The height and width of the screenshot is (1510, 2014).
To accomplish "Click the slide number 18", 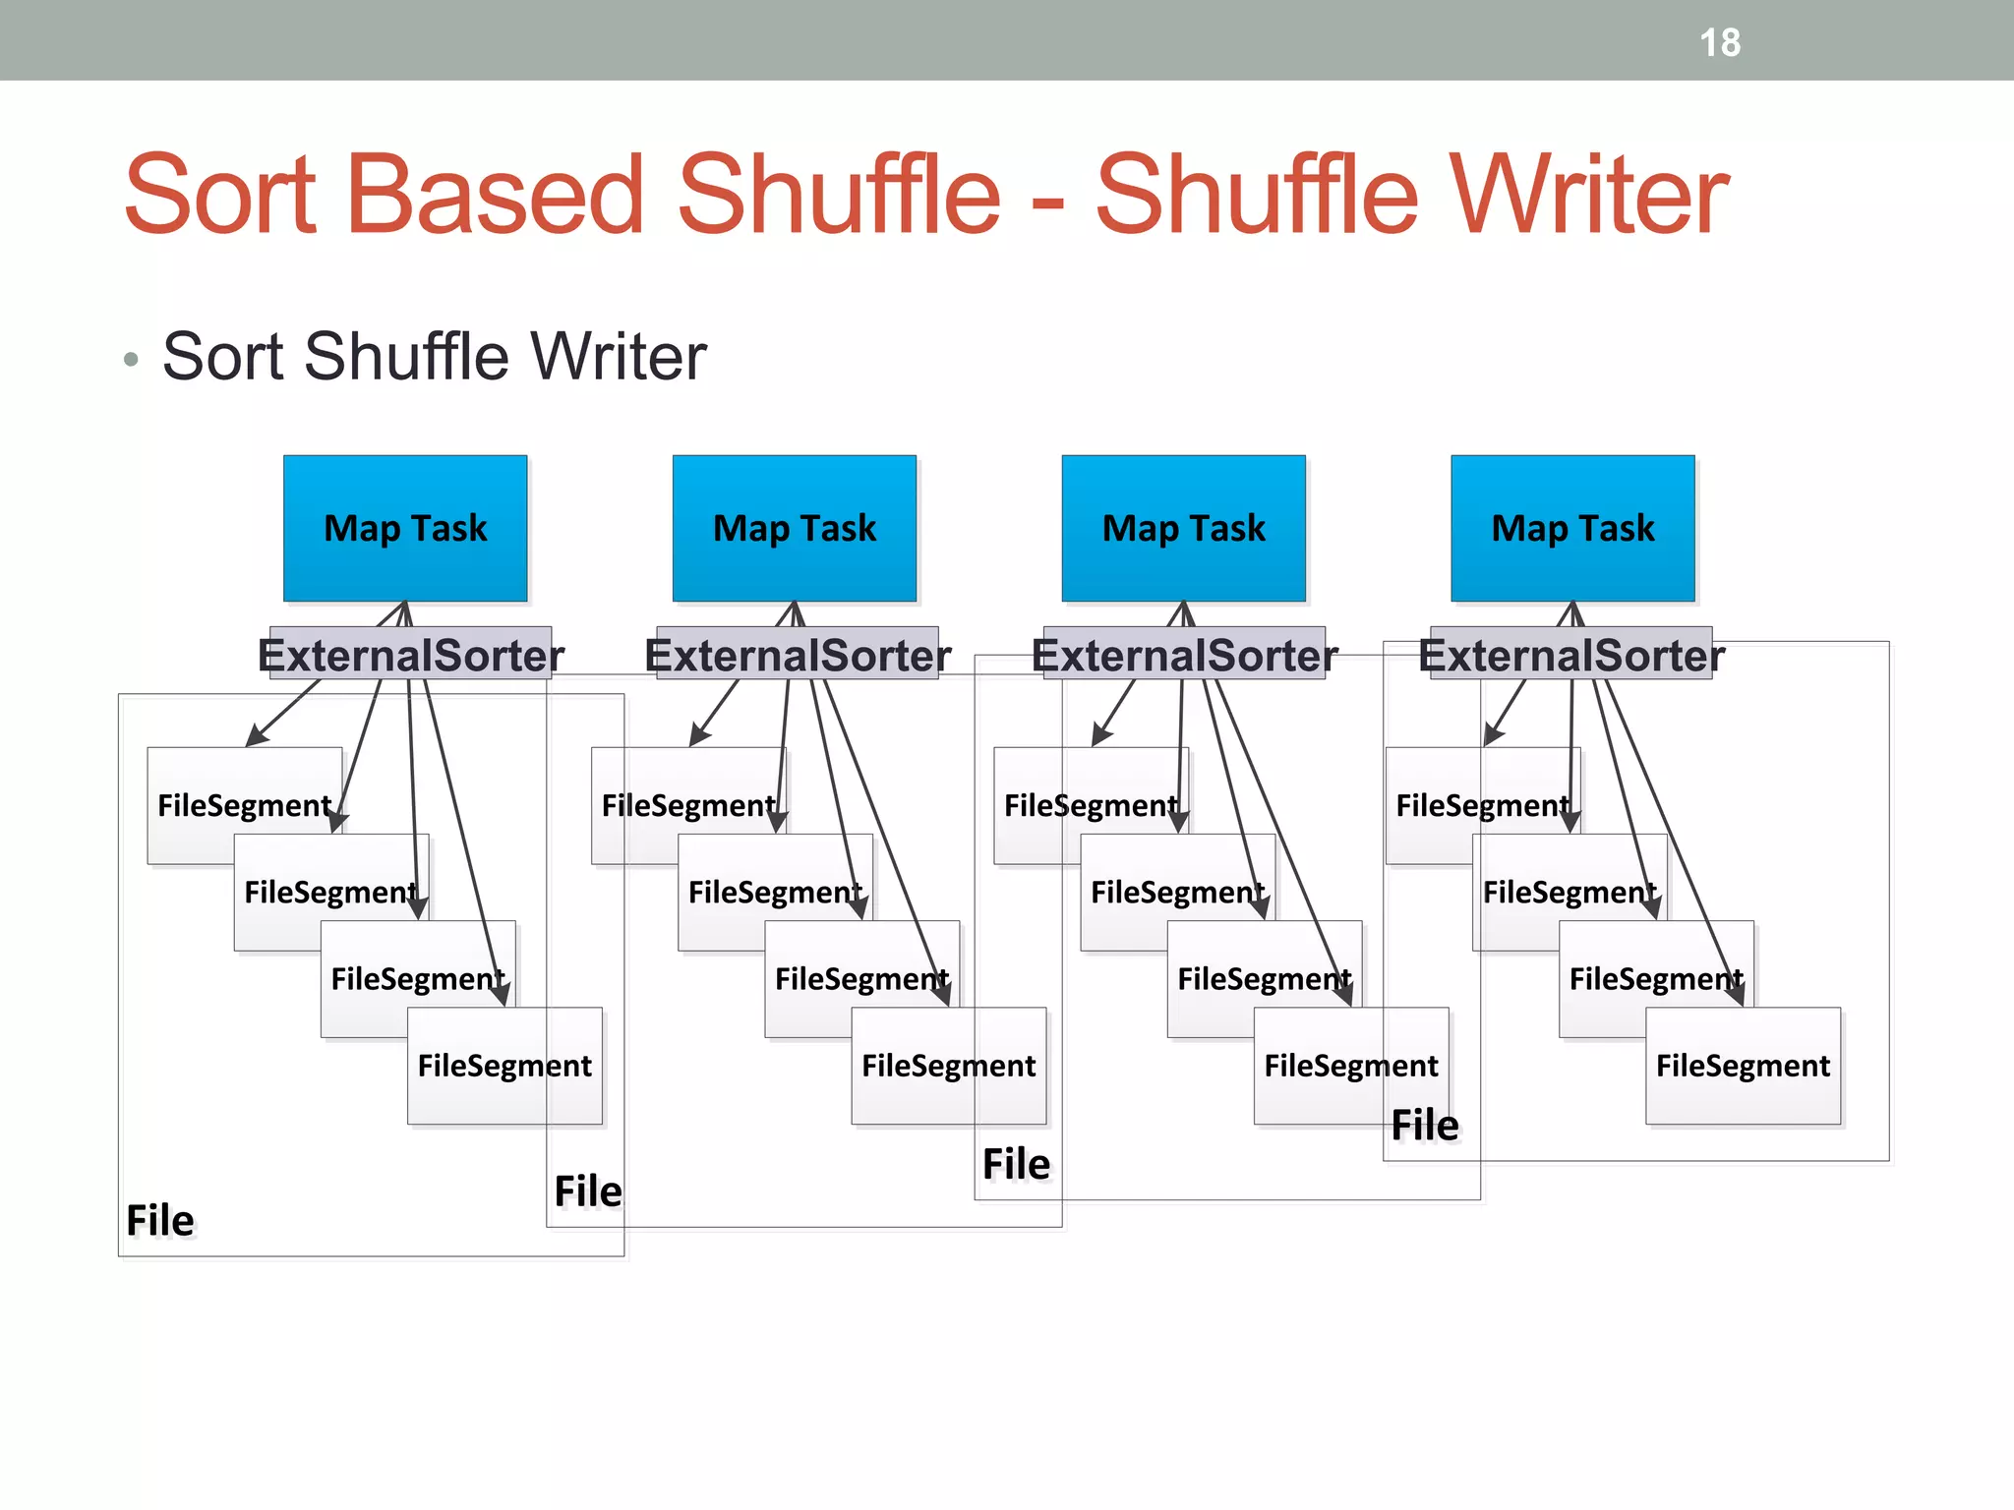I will point(1720,43).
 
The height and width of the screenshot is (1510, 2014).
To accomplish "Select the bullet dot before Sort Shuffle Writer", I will point(132,360).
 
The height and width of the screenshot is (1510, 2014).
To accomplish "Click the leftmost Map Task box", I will point(405,528).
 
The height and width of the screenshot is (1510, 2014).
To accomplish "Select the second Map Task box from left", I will point(795,528).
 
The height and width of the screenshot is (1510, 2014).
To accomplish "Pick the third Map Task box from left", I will point(1184,528).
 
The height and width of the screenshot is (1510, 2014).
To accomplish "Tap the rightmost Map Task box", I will point(1572,528).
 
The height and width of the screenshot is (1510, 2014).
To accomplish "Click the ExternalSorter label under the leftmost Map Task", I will point(411,655).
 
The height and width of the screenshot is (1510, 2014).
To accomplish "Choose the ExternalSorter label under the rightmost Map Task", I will point(1571,655).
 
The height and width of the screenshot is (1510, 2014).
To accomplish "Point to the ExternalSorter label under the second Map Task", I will point(798,655).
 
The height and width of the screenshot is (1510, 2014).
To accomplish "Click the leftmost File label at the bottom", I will point(160,1221).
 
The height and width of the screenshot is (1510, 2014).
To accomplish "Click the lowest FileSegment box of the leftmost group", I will point(504,1066).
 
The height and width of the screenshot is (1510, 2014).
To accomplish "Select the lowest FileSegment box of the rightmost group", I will point(1743,1066).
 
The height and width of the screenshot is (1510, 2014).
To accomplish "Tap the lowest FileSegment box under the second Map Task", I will point(948,1066).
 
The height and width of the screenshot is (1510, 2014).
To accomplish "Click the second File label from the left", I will point(588,1191).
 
